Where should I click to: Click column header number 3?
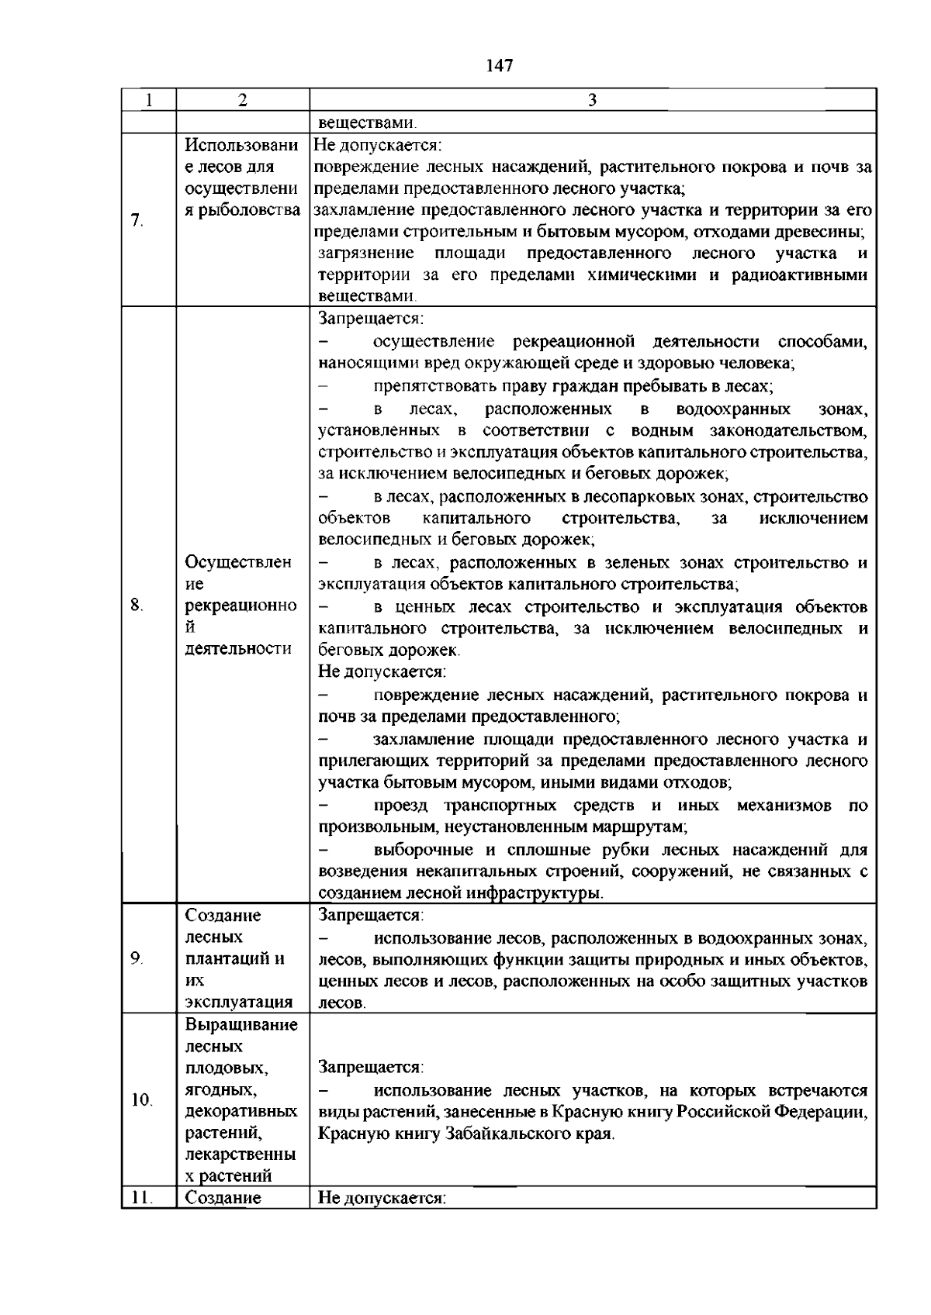coord(592,100)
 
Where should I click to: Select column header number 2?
coord(242,100)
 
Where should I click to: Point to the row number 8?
coord(137,606)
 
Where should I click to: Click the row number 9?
coord(137,959)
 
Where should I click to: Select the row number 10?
coord(141,1100)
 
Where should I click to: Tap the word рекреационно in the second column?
coord(241,606)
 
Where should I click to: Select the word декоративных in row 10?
coord(241,1111)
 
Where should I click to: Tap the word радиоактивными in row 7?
coord(800,275)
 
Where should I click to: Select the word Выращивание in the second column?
coord(241,1025)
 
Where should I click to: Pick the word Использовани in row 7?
coord(241,145)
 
